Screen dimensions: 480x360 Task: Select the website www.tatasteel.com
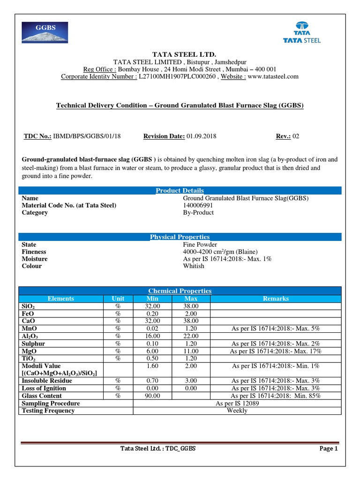pyautogui.click(x=273, y=76)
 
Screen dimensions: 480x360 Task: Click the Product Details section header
pyautogui.click(x=180, y=190)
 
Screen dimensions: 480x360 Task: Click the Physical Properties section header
pyautogui.click(x=180, y=237)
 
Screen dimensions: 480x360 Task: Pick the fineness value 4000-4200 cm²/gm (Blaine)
pyautogui.click(x=220, y=252)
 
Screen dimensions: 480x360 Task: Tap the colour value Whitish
pyautogui.click(x=194, y=266)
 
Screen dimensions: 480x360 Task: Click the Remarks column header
pyautogui.click(x=276, y=298)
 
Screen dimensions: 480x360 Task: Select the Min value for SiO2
pyautogui.click(x=153, y=306)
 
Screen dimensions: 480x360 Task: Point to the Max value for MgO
pyautogui.click(x=191, y=351)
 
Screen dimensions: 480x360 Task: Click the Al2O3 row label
pyautogui.click(x=30, y=336)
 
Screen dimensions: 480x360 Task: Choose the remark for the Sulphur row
pyautogui.click(x=276, y=344)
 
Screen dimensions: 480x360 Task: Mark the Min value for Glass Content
pyautogui.click(x=153, y=396)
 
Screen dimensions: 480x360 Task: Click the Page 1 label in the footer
pyautogui.click(x=329, y=449)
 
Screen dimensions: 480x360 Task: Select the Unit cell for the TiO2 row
pyautogui.click(x=118, y=358)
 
